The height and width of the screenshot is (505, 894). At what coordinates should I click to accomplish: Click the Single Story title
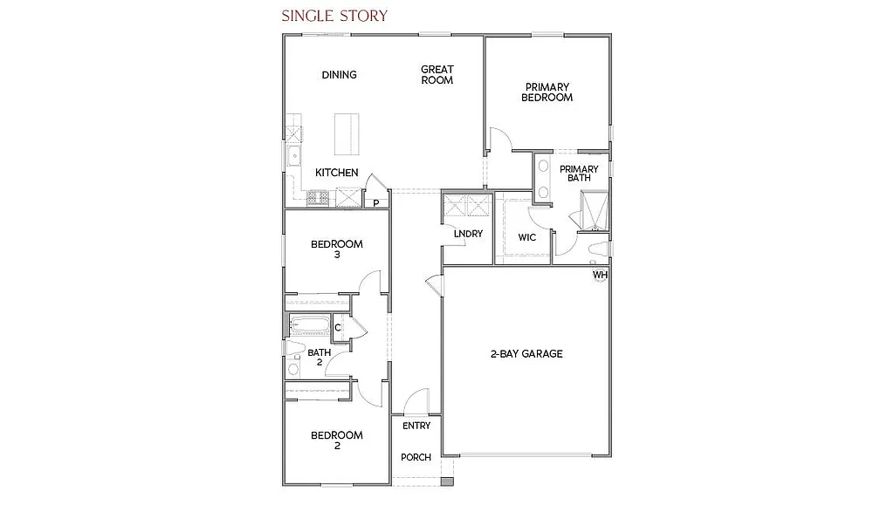334,16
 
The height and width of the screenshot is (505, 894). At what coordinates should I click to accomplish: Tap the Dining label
339,75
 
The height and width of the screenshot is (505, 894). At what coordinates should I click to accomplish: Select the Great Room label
437,75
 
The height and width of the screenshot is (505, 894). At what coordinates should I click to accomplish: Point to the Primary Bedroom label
547,92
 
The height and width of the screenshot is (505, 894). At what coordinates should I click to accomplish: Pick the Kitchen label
336,173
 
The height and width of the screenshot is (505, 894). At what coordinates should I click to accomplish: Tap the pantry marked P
375,203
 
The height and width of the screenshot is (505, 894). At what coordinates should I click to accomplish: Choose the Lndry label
468,234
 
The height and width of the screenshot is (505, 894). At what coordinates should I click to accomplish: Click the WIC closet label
526,237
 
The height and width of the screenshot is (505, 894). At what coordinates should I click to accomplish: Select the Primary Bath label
579,174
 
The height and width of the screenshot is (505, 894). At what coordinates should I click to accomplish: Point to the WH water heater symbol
600,276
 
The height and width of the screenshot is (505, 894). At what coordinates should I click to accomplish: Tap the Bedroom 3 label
336,249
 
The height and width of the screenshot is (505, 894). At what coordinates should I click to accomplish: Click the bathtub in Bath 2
310,326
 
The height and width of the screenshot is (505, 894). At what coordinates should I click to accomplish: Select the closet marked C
337,328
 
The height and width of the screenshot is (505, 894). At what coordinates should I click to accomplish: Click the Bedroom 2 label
336,440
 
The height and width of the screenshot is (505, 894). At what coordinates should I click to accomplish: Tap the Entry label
416,427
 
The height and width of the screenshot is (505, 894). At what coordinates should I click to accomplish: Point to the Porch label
416,457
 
